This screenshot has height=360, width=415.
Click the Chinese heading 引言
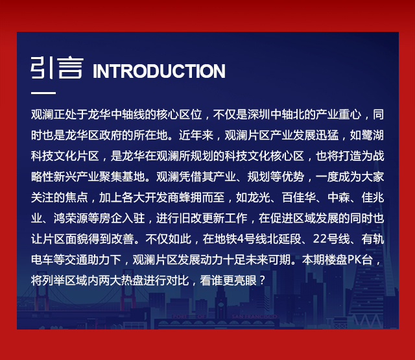(57, 67)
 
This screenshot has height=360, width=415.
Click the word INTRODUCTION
(159, 71)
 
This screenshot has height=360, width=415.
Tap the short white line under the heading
(43, 93)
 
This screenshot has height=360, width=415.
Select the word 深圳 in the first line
(259, 115)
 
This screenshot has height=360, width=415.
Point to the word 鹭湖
(373, 136)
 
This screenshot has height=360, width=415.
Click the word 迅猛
(327, 136)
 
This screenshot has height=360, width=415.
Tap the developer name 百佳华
(299, 197)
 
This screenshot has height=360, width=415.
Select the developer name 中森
(338, 197)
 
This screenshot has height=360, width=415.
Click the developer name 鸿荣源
(71, 218)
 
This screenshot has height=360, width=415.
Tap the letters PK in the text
(354, 259)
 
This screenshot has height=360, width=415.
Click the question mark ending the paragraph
(262, 280)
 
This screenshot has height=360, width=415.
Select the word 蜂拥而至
(202, 197)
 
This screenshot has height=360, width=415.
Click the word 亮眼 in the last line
(245, 280)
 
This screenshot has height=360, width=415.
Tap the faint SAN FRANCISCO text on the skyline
(254, 317)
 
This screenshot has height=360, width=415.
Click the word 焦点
(77, 197)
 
